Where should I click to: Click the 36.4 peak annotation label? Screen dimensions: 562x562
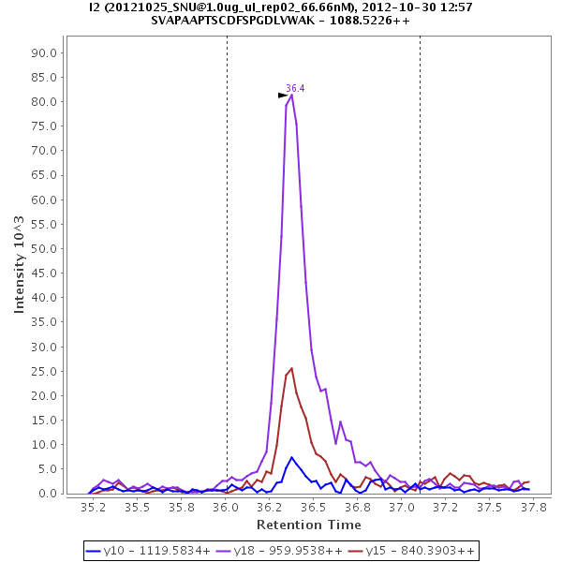[295, 88]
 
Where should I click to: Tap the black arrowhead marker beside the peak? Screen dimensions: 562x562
[283, 95]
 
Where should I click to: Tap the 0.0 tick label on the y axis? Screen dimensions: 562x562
[51, 494]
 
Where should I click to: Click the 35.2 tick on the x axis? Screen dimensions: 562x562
[93, 507]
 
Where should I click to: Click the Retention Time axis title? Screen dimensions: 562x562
[308, 525]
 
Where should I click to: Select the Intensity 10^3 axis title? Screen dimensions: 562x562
[20, 263]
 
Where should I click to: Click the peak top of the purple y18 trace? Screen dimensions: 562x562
[292, 95]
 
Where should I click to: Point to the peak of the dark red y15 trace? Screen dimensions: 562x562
[292, 368]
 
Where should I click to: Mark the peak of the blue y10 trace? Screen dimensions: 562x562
[292, 457]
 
